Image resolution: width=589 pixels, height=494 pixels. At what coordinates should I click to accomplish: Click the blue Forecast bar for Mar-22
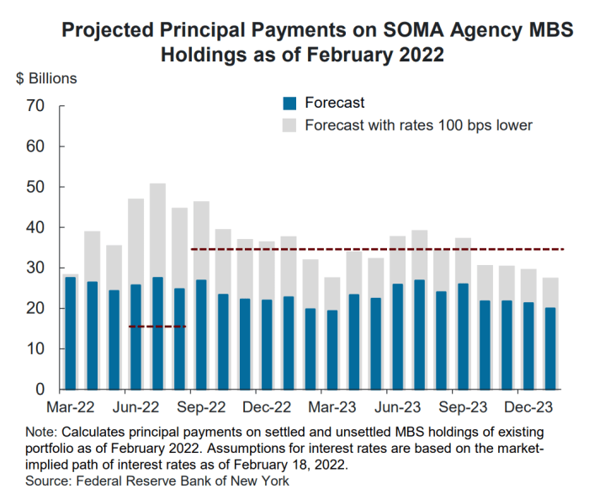[x=71, y=333]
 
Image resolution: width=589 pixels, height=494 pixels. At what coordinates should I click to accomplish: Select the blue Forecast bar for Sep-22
[x=201, y=335]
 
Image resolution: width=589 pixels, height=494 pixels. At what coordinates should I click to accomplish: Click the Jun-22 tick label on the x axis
[x=135, y=406]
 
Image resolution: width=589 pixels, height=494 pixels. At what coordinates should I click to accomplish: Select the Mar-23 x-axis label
[x=332, y=406]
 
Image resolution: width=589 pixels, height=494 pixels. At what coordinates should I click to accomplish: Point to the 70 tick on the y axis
[x=34, y=106]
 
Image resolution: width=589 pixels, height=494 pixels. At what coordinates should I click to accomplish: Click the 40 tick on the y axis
[x=34, y=227]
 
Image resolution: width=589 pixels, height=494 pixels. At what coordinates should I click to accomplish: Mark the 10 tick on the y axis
[x=34, y=348]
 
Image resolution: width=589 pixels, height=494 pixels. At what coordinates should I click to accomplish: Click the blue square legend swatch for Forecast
[x=290, y=104]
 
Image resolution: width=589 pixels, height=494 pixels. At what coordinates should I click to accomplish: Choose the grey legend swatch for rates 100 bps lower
[x=290, y=126]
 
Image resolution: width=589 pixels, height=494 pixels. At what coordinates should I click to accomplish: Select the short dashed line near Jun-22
[x=157, y=327]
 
